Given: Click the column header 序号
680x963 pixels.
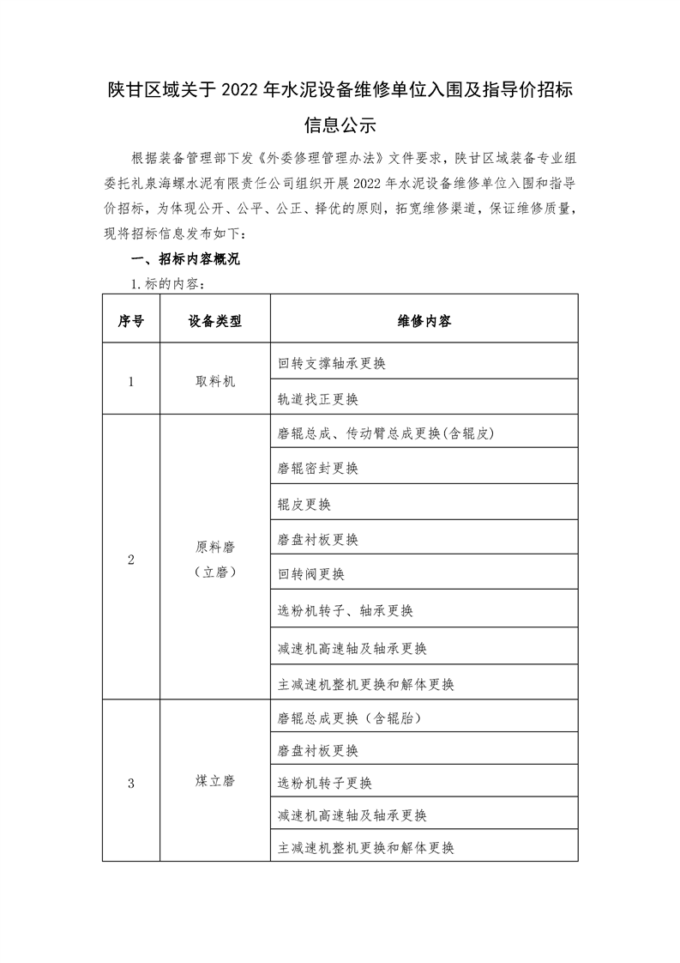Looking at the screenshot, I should click(x=130, y=321).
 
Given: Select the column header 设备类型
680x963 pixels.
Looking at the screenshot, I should click(x=214, y=321).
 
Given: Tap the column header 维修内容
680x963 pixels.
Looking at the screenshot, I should click(x=424, y=321).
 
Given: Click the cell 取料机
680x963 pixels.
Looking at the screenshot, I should click(x=214, y=381).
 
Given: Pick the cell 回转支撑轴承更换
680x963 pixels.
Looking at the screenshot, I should click(x=332, y=363).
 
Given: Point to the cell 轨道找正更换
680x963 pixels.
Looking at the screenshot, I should click(x=318, y=399).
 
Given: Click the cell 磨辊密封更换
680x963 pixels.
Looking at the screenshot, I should click(x=318, y=469).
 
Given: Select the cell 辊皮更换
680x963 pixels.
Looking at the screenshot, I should click(x=304, y=505).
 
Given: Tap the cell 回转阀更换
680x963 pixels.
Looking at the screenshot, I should click(x=311, y=573).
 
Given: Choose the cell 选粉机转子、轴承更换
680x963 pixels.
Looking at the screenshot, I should click(x=346, y=611).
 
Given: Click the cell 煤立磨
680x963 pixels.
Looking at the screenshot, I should click(x=214, y=782).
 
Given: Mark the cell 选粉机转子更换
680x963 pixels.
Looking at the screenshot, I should click(x=325, y=783).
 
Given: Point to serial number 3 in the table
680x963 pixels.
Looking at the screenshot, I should click(x=130, y=782).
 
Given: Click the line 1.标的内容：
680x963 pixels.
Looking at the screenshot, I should click(x=166, y=283).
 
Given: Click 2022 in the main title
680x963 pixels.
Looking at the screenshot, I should click(x=244, y=89).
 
